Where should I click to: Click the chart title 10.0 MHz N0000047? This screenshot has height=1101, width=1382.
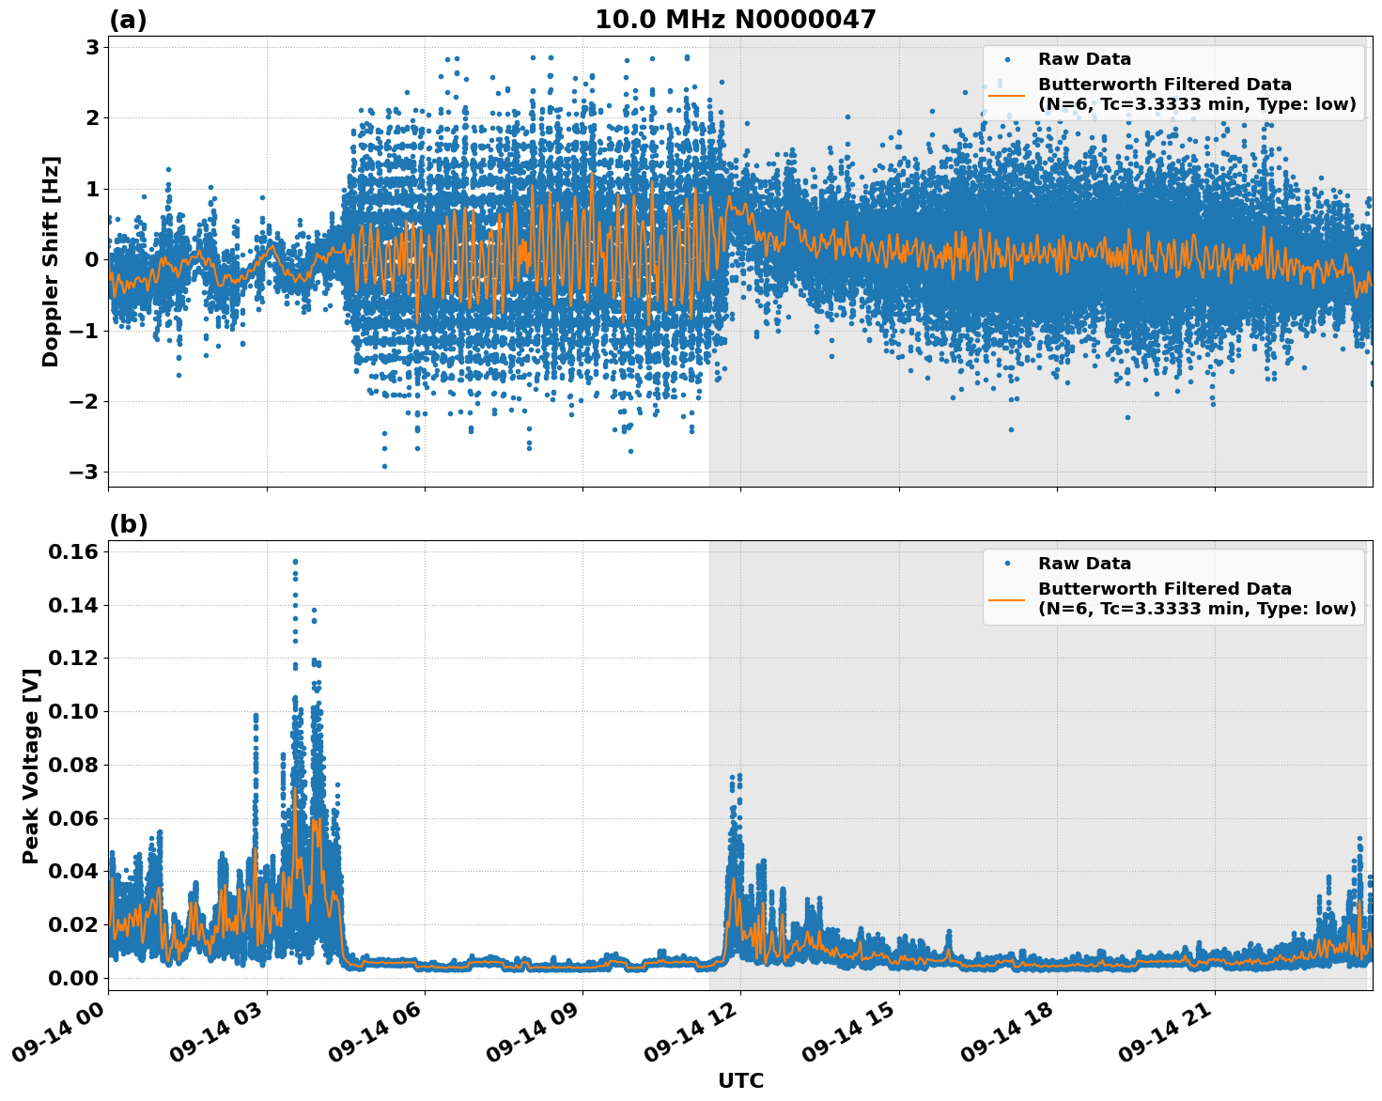click(x=735, y=20)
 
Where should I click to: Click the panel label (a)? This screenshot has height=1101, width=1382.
click(x=128, y=20)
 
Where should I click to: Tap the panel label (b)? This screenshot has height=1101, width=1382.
click(x=128, y=524)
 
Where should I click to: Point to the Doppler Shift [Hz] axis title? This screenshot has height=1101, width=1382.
click(x=51, y=261)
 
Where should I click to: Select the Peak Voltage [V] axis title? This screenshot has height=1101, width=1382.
click(x=31, y=766)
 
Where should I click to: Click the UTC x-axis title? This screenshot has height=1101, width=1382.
click(x=740, y=1080)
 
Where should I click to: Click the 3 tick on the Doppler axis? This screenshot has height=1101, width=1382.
click(x=92, y=47)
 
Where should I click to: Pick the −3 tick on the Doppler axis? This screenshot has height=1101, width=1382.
click(x=85, y=473)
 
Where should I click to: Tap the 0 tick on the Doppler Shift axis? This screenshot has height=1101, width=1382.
click(x=92, y=260)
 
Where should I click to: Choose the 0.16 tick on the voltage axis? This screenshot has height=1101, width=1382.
click(x=73, y=551)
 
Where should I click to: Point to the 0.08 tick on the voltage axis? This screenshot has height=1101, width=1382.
click(x=73, y=765)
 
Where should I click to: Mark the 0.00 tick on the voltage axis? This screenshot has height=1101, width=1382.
click(x=73, y=978)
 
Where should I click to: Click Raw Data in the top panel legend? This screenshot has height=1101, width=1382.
click(x=1084, y=59)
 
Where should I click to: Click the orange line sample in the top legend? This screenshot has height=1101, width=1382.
click(x=1006, y=94)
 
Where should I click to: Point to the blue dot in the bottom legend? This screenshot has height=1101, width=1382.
click(x=1006, y=564)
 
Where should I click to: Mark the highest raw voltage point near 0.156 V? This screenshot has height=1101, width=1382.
click(x=295, y=562)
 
